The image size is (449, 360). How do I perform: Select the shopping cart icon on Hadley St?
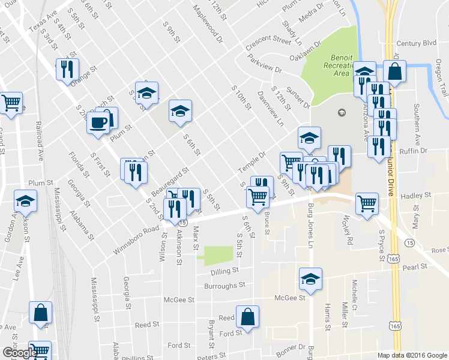point(367,203)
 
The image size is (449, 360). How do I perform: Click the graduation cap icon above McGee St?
point(310,278)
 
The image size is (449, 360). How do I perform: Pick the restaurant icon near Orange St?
point(67,68)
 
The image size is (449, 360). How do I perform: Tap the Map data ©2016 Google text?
point(412,355)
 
